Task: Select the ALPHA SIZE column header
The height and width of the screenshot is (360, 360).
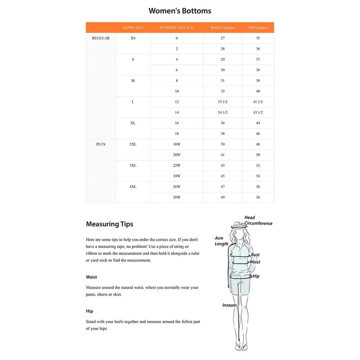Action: [x=133, y=27]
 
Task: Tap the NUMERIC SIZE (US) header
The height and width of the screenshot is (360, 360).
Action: [x=177, y=27]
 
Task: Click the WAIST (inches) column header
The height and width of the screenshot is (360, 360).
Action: [x=222, y=27]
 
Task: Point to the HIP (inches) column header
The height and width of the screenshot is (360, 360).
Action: [x=258, y=27]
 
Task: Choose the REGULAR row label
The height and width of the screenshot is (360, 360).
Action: [x=101, y=38]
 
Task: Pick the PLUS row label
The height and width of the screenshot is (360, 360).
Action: [x=101, y=144]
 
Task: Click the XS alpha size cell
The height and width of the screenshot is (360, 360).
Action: [x=133, y=38]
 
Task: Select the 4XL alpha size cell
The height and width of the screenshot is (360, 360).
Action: [x=133, y=187]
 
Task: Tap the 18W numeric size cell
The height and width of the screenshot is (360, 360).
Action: [x=177, y=144]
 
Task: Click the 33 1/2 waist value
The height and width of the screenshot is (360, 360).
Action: [x=222, y=102]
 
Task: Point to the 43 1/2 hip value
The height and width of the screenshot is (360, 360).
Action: [x=258, y=112]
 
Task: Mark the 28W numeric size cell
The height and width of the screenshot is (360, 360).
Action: [x=177, y=197]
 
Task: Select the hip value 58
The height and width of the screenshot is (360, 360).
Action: [x=258, y=197]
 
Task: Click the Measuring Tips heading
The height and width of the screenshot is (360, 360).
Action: [x=109, y=224]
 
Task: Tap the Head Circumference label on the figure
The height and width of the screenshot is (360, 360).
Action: [x=258, y=220]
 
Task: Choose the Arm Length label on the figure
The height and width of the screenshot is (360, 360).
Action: [x=221, y=241]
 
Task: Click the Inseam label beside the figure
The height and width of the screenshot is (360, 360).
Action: [x=229, y=305]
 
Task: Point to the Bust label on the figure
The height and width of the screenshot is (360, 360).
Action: [x=255, y=255]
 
